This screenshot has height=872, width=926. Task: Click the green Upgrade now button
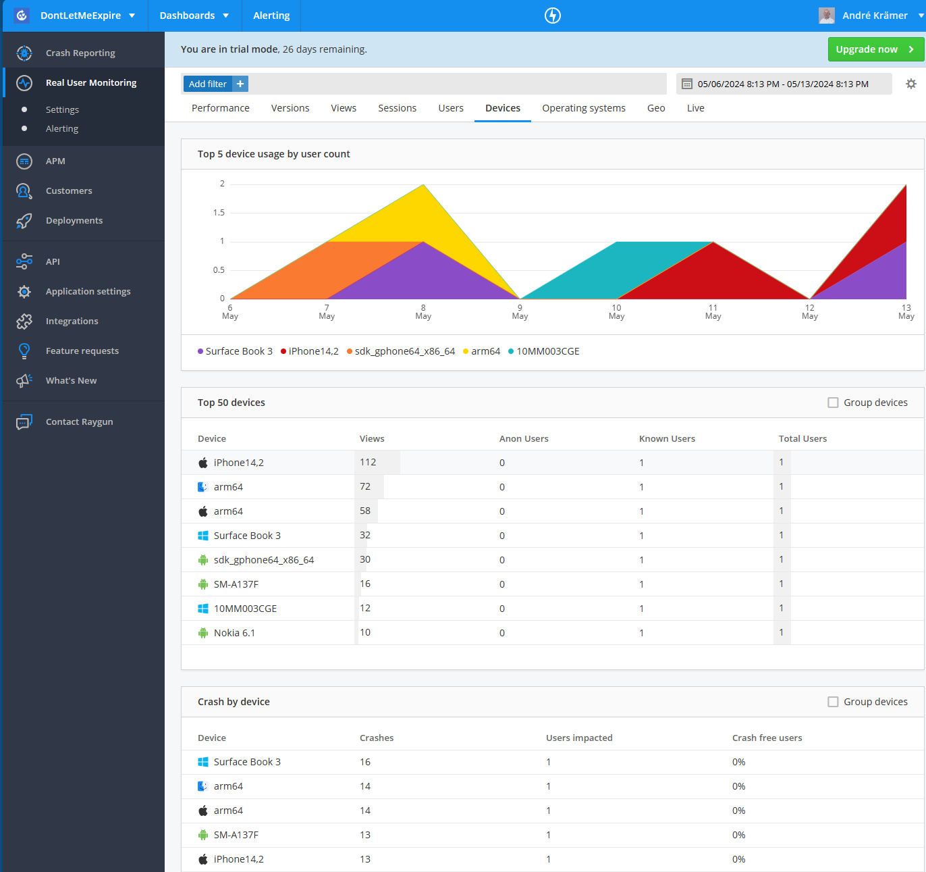(875, 49)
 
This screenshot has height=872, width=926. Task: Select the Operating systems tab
(583, 108)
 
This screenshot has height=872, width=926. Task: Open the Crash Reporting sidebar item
(80, 53)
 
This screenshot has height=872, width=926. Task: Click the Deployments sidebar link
(74, 220)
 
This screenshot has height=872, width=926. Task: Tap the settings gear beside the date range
(911, 84)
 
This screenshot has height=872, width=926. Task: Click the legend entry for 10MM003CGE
(547, 351)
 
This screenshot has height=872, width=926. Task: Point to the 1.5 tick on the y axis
(219, 213)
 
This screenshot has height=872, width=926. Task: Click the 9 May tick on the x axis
(520, 311)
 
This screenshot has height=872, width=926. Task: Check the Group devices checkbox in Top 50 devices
(833, 403)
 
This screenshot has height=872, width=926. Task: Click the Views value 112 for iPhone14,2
(368, 462)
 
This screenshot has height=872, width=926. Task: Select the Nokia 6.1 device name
(234, 633)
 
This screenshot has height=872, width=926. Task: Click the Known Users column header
(667, 439)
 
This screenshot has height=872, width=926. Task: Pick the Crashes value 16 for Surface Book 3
(365, 762)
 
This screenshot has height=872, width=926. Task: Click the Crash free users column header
(767, 738)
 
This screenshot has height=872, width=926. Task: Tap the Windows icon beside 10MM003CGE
(203, 609)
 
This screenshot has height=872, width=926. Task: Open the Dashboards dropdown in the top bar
(194, 16)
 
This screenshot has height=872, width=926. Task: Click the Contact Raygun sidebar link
(79, 422)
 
